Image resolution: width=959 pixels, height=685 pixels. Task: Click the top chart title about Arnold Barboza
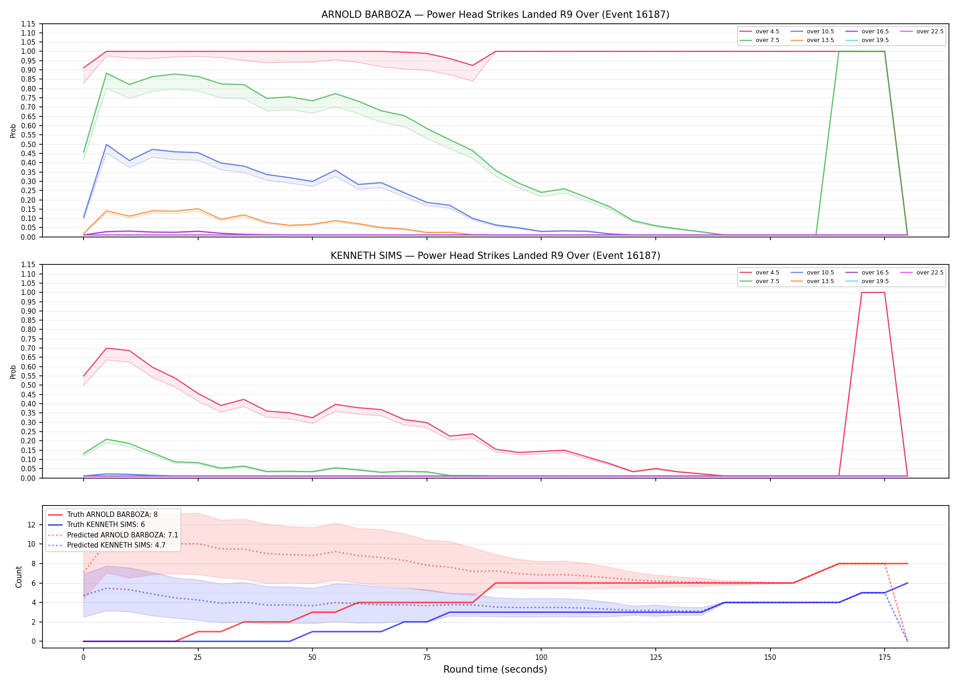[x=495, y=15]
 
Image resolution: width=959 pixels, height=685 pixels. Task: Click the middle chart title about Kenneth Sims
[x=495, y=256]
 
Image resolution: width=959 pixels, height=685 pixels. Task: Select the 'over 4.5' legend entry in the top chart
[x=759, y=32]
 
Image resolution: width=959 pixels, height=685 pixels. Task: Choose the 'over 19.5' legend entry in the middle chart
[x=867, y=281]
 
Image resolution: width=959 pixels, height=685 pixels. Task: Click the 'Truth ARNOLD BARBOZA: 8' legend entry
[x=103, y=515]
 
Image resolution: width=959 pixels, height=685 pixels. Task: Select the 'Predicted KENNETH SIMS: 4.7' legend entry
[x=107, y=545]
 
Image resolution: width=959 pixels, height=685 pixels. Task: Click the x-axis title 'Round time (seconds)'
[x=495, y=669]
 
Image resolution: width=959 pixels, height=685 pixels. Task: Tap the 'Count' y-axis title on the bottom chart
[x=19, y=577]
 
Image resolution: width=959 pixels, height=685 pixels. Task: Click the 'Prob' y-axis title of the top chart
[x=13, y=131]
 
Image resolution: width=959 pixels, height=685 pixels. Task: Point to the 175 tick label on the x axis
[x=885, y=658]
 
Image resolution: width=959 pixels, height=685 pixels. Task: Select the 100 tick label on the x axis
[x=541, y=658]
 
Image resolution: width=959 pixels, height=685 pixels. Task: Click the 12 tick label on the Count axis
[x=31, y=525]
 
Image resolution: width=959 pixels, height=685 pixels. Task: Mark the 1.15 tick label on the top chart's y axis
[x=28, y=24]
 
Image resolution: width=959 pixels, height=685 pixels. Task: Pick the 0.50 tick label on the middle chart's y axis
[x=28, y=385]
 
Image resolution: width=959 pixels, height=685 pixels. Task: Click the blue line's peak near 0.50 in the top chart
[x=106, y=144]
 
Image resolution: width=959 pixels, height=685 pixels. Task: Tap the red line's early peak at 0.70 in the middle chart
[x=106, y=348]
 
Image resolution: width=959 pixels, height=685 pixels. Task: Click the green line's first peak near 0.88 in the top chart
[x=106, y=73]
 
